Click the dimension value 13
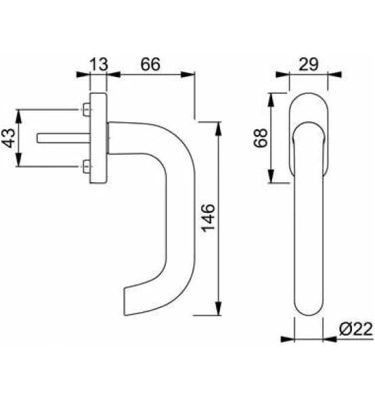(99, 64)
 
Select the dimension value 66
(150, 64)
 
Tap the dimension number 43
(9, 138)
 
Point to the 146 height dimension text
(208, 218)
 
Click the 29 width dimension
(309, 64)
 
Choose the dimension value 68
(261, 138)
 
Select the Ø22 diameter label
(356, 329)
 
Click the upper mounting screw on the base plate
(87, 109)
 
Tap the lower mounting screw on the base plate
(87, 167)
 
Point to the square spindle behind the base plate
(64, 138)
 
